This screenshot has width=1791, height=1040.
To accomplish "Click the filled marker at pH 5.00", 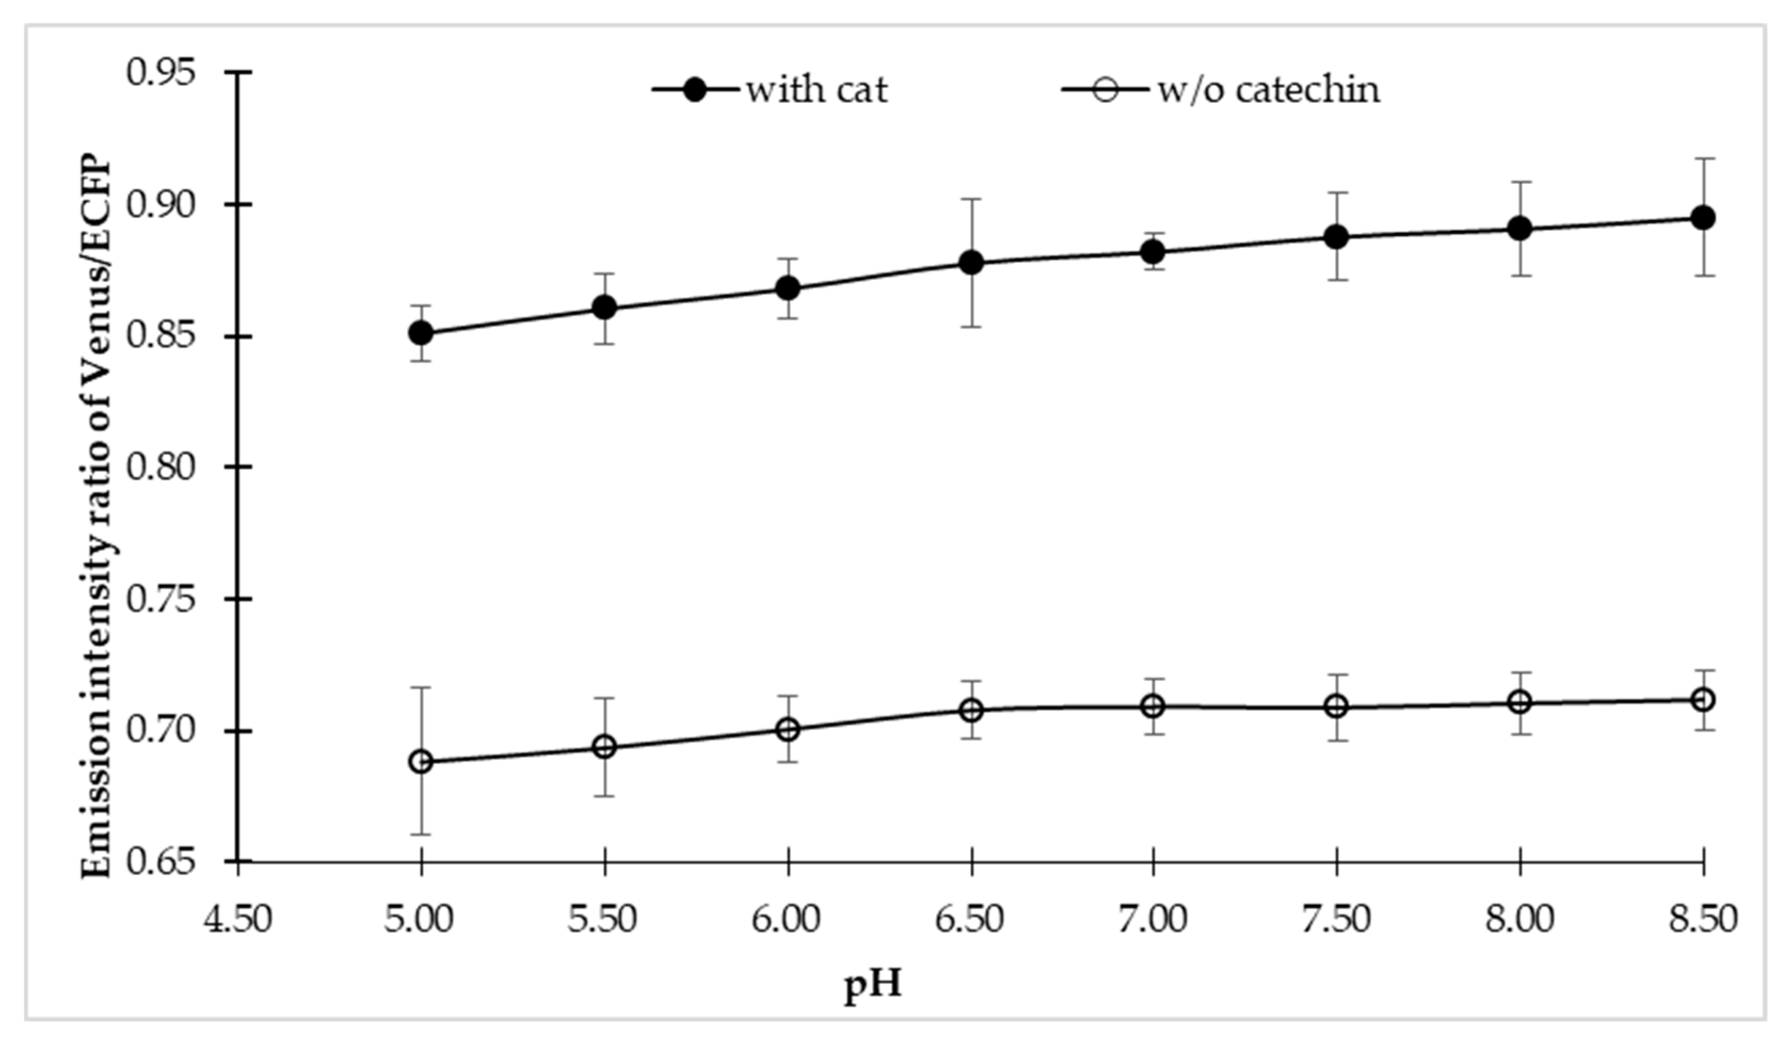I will [x=421, y=333].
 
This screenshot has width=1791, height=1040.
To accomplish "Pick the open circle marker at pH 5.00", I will [x=421, y=762].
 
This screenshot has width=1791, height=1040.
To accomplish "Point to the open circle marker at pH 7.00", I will [x=1154, y=706].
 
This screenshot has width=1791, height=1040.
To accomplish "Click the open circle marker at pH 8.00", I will [x=1520, y=703].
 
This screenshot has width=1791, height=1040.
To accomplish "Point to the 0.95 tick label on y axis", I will [x=161, y=72].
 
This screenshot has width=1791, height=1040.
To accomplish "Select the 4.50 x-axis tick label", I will [x=238, y=919].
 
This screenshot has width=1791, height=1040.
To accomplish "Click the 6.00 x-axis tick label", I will [x=787, y=919].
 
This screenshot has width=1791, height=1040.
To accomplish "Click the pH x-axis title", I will [x=874, y=987].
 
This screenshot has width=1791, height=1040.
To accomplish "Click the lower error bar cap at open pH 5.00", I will [x=421, y=835].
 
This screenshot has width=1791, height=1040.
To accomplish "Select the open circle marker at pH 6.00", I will [x=787, y=730].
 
